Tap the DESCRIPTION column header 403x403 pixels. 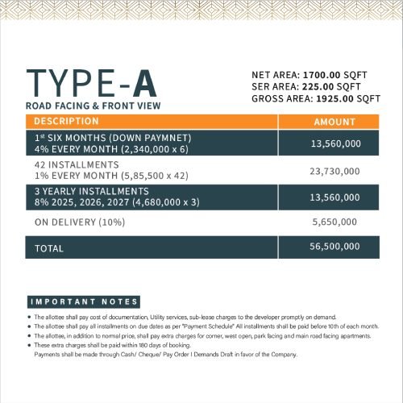[x=66, y=121]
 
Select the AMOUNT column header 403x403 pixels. [x=334, y=122]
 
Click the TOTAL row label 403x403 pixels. [x=49, y=249]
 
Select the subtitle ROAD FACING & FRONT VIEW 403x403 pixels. [x=93, y=106]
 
